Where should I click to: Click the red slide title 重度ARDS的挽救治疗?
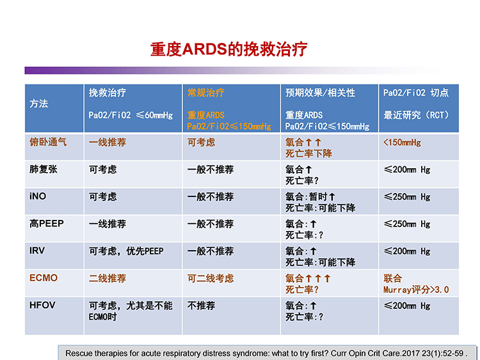pyautogui.click(x=228, y=49)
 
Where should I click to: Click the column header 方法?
pyautogui.click(x=39, y=104)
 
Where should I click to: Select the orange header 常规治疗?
pyautogui.click(x=205, y=92)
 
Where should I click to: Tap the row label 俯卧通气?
pyautogui.click(x=48, y=142)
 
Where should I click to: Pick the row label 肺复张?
pyautogui.click(x=43, y=169)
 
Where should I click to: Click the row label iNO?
pyautogui.click(x=38, y=196)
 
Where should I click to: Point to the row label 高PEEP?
pyautogui.click(x=47, y=224)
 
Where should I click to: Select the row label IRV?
pyautogui.click(x=37, y=251)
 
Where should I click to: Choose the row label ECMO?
pyautogui.click(x=44, y=278)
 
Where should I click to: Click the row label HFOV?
pyautogui.click(x=42, y=305)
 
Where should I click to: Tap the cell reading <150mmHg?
pyautogui.click(x=403, y=142)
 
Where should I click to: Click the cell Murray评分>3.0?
pyautogui.click(x=416, y=290)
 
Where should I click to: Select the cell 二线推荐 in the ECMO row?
pyautogui.click(x=107, y=278)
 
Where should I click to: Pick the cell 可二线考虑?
pyautogui.click(x=211, y=278)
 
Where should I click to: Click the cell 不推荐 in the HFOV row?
pyautogui.click(x=201, y=306)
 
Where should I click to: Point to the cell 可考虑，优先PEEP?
pyautogui.click(x=126, y=251)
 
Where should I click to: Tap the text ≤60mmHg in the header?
pyautogui.click(x=154, y=115)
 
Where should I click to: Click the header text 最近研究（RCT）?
pyautogui.click(x=417, y=115)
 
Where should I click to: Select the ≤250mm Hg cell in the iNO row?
pyautogui.click(x=407, y=197)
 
